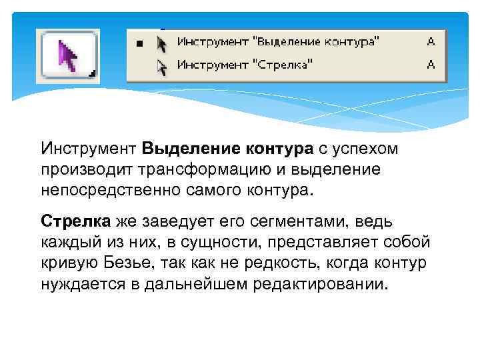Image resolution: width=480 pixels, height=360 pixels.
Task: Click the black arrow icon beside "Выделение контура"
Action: [x=161, y=43]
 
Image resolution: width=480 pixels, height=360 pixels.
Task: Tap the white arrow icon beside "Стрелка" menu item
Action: [x=161, y=65]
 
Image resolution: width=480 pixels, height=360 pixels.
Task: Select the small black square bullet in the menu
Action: [x=139, y=43]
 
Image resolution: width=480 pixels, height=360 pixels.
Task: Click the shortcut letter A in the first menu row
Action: [x=431, y=42]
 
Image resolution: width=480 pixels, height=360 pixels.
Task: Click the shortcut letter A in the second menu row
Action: [x=431, y=65]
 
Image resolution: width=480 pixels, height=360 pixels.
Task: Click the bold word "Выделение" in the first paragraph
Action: [x=181, y=147]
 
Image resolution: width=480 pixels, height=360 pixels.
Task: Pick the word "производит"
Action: [x=77, y=169]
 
